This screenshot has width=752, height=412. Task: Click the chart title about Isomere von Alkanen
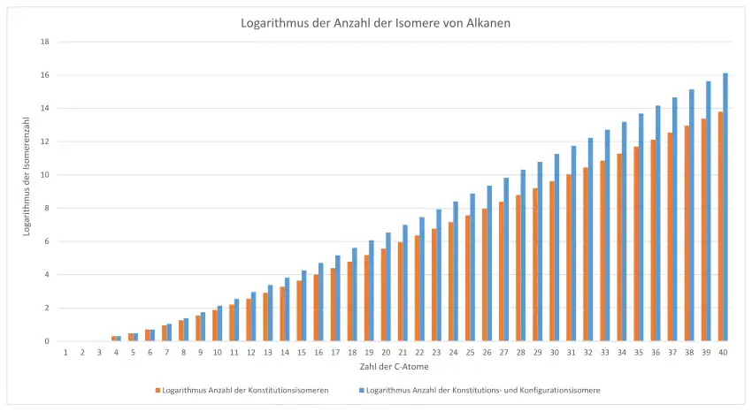coord(375,23)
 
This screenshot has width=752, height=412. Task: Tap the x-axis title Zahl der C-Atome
coord(395,366)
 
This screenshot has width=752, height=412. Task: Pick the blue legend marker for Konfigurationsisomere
coord(360,390)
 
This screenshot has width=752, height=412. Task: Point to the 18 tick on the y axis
coord(44,42)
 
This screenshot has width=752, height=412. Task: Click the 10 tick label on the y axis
coord(44,175)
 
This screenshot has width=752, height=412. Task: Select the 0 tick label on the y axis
coord(46,341)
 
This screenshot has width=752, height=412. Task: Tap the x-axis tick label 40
coord(724,352)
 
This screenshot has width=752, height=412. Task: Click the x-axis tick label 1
coord(66,352)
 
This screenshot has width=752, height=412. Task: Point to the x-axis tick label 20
coord(387,352)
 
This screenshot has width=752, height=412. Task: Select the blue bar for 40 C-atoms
coord(725,208)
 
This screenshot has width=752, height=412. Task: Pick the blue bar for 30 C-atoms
coord(557,248)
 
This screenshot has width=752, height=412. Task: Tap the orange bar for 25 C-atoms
coord(467,278)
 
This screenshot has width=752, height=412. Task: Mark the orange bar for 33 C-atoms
coord(602,251)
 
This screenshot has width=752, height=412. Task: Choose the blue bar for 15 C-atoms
coord(304,306)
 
